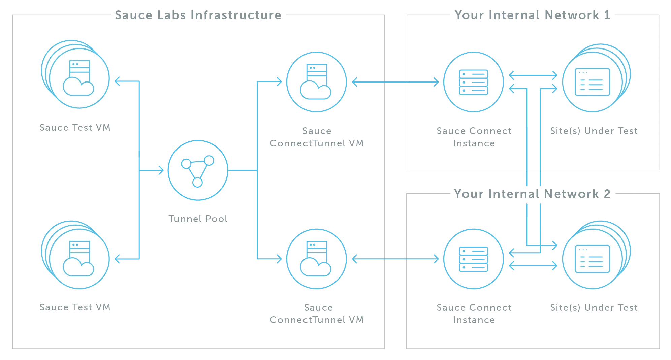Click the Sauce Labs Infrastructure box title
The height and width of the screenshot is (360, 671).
pos(198,15)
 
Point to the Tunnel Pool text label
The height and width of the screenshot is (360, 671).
pos(198,219)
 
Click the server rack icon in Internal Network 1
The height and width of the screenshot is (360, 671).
pos(474,82)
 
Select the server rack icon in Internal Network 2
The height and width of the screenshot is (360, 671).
pos(474,259)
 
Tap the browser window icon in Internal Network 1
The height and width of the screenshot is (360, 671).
pos(592,82)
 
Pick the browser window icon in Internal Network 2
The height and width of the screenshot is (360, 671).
pos(592,259)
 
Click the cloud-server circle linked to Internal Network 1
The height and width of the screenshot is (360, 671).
pos(316,82)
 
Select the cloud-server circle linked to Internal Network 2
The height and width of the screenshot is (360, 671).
pos(316,259)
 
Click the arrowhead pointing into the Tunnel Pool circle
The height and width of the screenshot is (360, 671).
pos(160,170)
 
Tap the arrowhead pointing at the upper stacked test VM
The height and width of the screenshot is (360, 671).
pos(118,81)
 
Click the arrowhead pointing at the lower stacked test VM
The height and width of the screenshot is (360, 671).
pos(118,259)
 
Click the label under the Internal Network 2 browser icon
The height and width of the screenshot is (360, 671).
pos(594,307)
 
